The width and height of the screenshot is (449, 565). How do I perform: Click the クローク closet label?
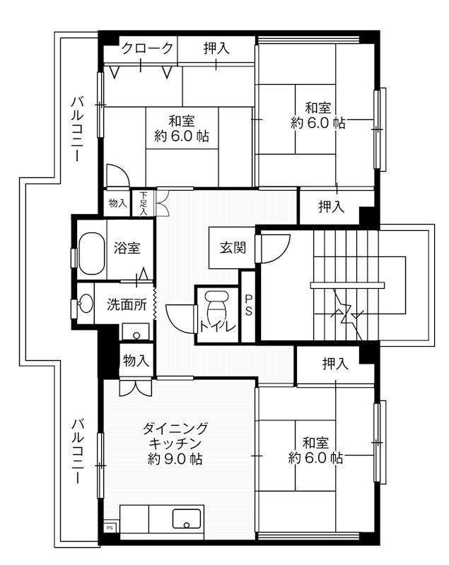click(147, 49)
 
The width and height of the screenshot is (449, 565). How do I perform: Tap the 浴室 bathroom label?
click(127, 249)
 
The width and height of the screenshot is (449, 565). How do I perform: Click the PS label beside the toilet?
click(249, 306)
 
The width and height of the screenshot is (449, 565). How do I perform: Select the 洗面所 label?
click(127, 305)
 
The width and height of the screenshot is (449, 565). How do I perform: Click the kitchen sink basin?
click(188, 521)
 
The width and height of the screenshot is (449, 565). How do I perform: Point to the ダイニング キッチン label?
click(175, 436)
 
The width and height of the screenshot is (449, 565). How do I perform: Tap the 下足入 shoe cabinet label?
click(144, 203)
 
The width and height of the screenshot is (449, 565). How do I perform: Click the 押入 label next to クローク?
click(216, 49)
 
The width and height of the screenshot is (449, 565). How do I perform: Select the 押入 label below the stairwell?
click(335, 364)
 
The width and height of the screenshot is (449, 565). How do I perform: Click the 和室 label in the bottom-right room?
click(316, 443)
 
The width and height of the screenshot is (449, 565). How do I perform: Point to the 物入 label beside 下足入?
click(117, 203)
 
